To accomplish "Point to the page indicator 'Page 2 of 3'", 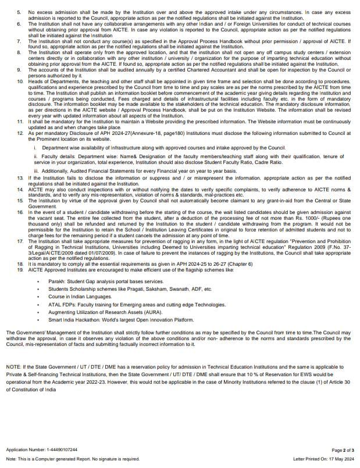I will tap(342, 450).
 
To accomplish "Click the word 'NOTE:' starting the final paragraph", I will tap(13, 368).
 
